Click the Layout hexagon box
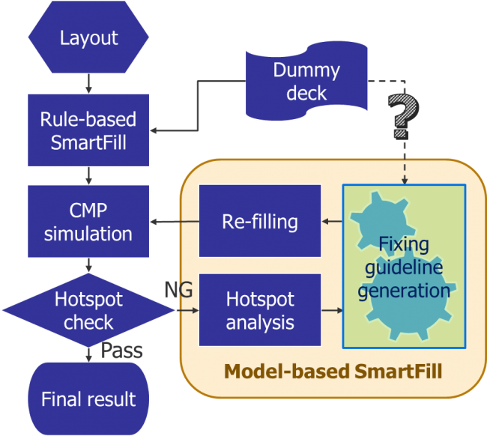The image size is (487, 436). tap(88, 37)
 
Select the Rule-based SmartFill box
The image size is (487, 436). tap(88, 129)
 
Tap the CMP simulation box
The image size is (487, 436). tap(88, 221)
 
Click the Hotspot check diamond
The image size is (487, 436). tap(88, 311)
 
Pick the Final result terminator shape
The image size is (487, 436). tap(88, 398)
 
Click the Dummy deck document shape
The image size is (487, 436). tap(306, 82)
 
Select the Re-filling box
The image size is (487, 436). tap(259, 222)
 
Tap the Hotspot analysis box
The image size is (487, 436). tap(259, 310)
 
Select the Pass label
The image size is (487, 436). tap(122, 351)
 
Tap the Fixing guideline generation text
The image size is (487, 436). tap(404, 267)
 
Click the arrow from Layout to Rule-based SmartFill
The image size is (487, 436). tap(88, 83)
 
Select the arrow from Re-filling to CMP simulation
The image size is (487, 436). tap(174, 222)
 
